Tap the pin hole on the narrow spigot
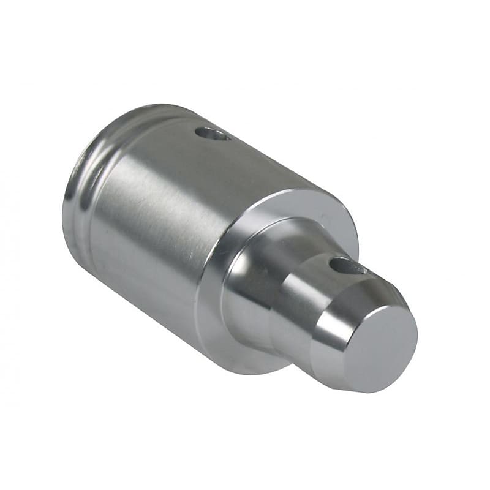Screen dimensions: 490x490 [347, 266]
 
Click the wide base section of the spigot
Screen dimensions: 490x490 [251, 276]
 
